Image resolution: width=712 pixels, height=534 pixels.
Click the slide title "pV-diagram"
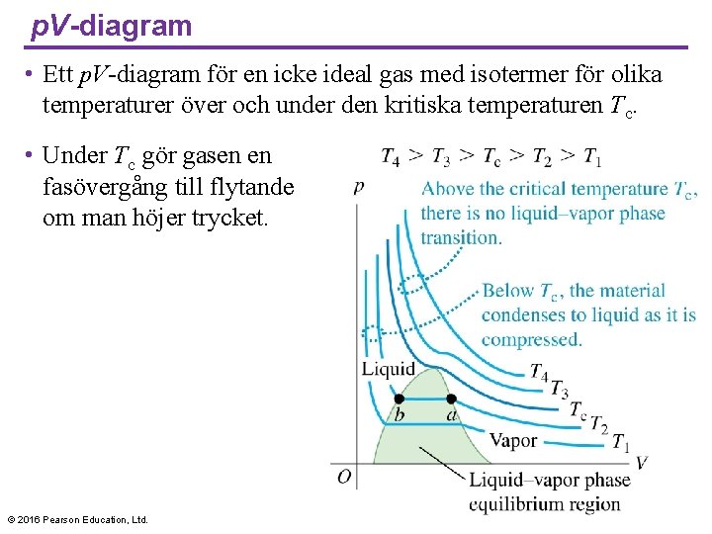[112, 26]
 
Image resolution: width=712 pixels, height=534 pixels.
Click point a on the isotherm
[451, 399]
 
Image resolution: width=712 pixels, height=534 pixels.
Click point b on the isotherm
[399, 399]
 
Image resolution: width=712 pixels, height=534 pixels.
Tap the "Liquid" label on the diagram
[388, 370]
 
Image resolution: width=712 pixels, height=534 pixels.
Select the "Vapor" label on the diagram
[513, 440]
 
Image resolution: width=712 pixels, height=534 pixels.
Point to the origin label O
[343, 477]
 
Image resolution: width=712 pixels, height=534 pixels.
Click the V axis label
[641, 462]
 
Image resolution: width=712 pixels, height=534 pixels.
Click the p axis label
[358, 185]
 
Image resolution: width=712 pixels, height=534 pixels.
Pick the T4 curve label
[539, 373]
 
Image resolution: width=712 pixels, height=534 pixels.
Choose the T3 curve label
[559, 389]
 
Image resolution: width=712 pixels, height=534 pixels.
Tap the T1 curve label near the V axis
[620, 442]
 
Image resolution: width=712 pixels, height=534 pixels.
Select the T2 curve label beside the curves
[598, 424]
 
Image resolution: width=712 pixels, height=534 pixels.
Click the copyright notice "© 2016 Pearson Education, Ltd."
[77, 519]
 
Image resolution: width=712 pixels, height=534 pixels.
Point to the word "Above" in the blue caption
[449, 189]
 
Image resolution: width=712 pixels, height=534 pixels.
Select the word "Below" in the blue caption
[508, 291]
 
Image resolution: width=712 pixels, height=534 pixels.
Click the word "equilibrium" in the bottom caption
[517, 503]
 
